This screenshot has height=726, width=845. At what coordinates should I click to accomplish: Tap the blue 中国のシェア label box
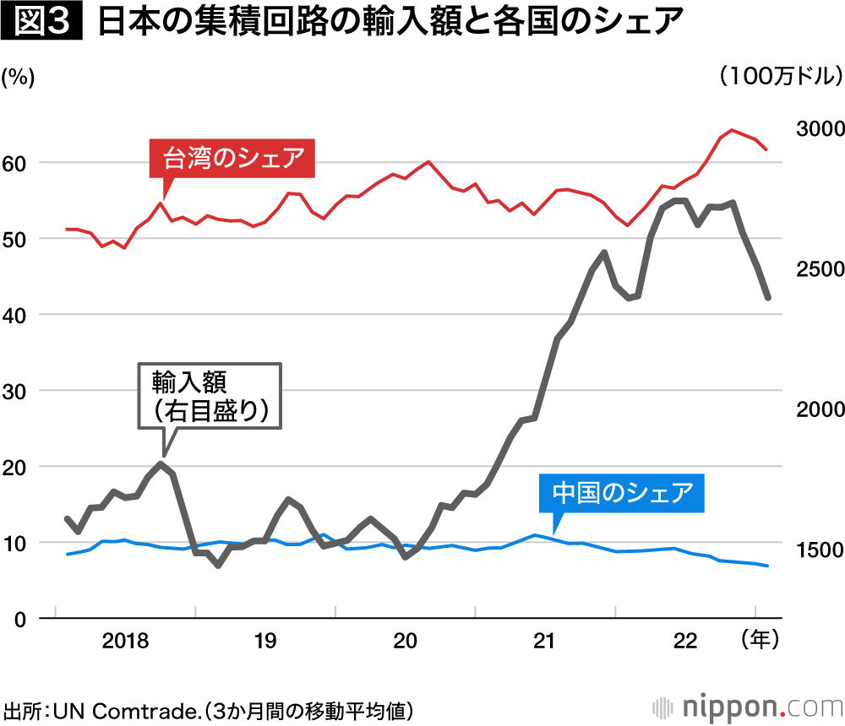pos(622,493)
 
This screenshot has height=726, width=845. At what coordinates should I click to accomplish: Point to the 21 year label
pos(545,642)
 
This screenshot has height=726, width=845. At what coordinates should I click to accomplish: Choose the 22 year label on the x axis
pos(685,642)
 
